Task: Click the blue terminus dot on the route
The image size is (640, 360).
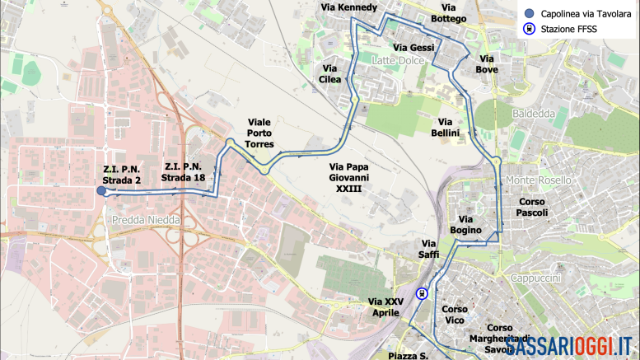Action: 101,191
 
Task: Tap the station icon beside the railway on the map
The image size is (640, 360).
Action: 422,292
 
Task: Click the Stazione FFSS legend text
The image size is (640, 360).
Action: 568,29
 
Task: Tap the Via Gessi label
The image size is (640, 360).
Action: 413,48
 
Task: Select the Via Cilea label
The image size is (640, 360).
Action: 329,73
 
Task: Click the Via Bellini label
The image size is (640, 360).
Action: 450,127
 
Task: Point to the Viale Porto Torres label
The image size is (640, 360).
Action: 259,134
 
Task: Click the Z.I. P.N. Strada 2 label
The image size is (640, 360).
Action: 122,174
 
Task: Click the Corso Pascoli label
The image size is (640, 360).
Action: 531,207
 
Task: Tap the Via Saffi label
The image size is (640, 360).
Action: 429,249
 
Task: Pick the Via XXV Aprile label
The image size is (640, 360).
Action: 385,307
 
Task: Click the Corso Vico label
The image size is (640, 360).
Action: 455,314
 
